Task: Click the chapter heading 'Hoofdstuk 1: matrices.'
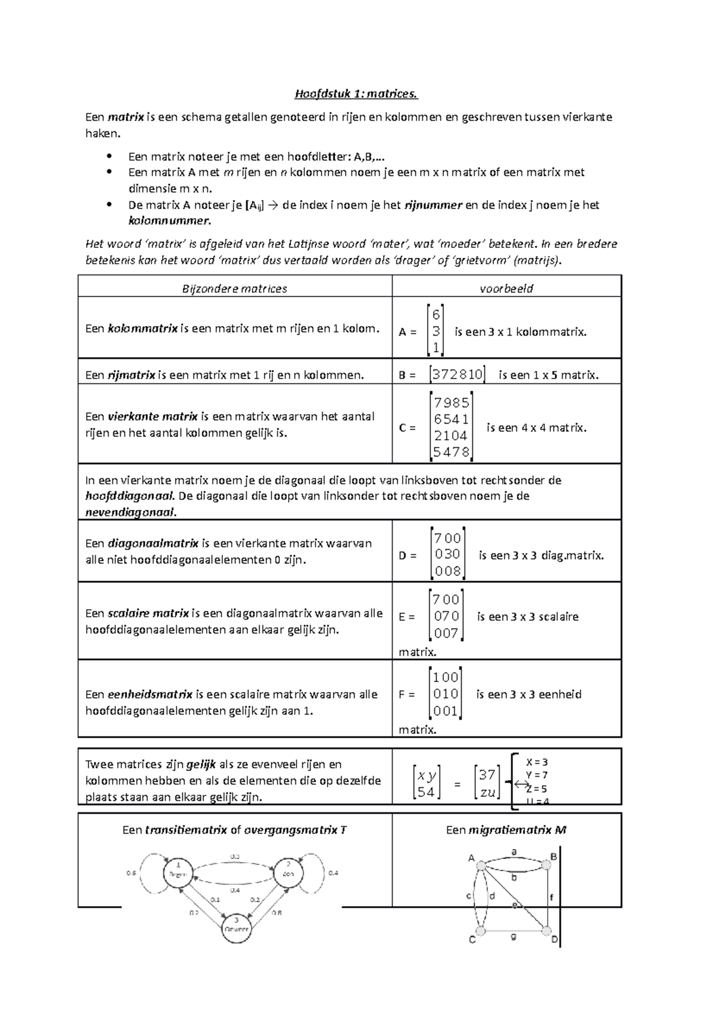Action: tap(356, 93)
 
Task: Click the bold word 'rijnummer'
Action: tap(433, 205)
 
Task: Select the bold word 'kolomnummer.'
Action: tap(169, 221)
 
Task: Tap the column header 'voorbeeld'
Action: tap(506, 289)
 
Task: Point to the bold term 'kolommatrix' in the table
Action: tap(142, 328)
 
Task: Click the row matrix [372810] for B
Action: tap(457, 374)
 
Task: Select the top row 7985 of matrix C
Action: tap(452, 403)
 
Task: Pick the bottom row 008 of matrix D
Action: tap(447, 571)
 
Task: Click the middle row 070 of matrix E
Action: tap(446, 616)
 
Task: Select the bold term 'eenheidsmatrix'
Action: tap(150, 694)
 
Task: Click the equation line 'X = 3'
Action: tap(537, 762)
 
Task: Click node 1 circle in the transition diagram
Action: tap(178, 873)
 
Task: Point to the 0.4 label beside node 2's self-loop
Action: tap(333, 873)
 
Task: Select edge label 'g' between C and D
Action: tap(513, 936)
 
